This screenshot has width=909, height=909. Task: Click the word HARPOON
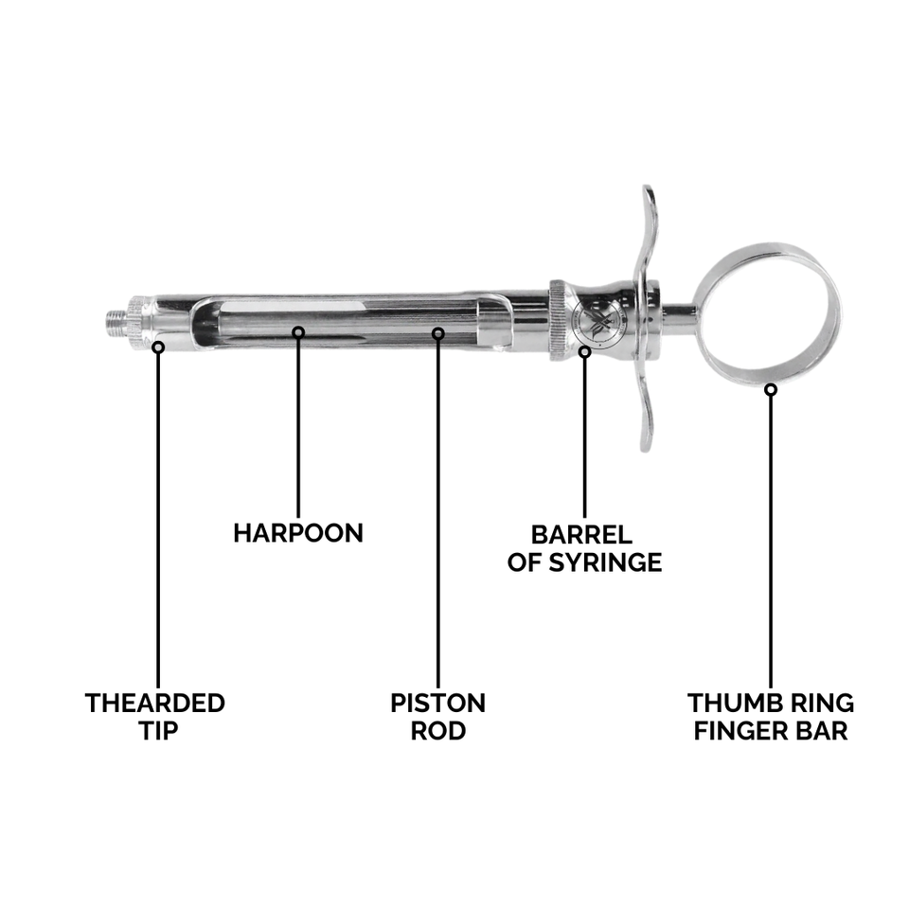coord(298,533)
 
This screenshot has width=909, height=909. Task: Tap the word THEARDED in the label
coord(155,704)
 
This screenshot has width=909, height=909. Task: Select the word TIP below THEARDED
coord(155,731)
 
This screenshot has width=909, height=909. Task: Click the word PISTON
coord(437,704)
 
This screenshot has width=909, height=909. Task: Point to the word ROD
coord(437,731)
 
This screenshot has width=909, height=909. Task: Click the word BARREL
coord(580,535)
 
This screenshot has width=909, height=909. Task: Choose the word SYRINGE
coord(612,562)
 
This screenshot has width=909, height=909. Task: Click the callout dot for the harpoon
coord(298,331)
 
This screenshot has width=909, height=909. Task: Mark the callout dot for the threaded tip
coord(158,348)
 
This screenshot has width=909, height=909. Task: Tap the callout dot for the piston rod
coord(437,333)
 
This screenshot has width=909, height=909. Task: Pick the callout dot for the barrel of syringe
coord(584,352)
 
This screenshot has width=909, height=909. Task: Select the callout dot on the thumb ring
coord(771,388)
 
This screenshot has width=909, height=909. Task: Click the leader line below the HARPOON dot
coord(298,426)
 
